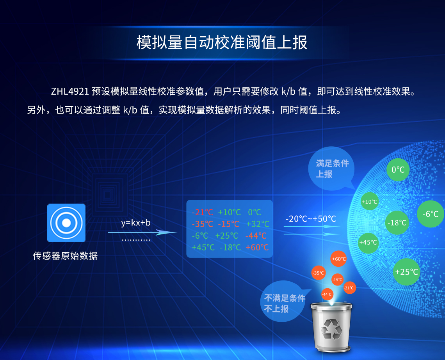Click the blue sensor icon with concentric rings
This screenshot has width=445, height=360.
66,223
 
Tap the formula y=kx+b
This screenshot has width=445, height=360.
135,223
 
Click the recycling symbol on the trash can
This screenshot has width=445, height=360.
332,328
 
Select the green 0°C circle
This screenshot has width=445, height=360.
398,170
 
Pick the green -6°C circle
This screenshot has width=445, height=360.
430,214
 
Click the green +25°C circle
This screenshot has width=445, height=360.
406,271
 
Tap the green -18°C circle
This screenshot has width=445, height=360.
397,223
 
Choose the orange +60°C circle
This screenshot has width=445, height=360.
338,259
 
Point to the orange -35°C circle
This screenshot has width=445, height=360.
318,273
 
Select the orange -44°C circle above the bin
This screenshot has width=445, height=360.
327,294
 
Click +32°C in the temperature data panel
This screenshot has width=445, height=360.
258,224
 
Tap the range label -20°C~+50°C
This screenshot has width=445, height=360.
310,219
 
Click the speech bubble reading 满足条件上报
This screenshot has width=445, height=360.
332,168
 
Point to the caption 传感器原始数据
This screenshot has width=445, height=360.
65,256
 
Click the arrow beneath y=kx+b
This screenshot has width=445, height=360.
142,232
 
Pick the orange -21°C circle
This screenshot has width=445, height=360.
349,288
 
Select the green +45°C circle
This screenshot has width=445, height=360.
368,242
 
